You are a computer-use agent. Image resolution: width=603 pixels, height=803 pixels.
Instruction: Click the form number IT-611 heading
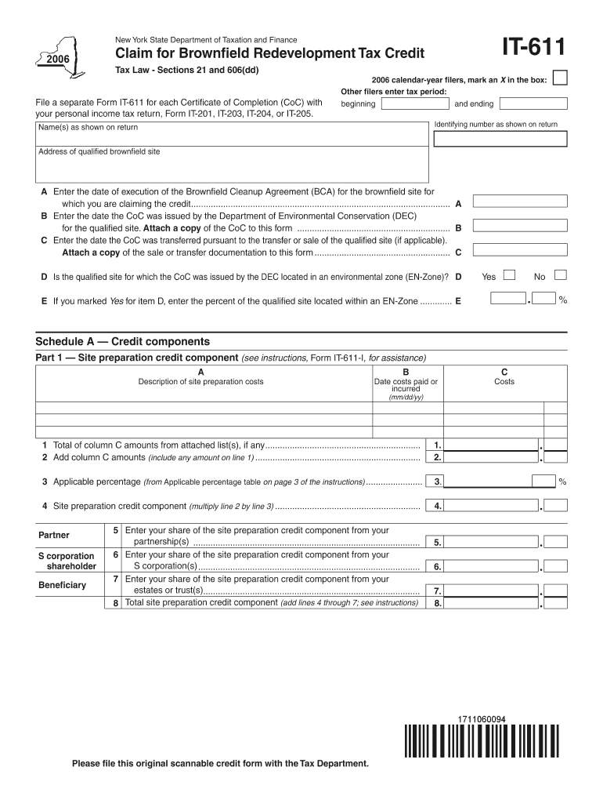(524, 49)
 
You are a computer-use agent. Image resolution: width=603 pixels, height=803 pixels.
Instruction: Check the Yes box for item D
(509, 275)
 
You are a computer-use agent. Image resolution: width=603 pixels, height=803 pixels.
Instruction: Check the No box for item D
(560, 275)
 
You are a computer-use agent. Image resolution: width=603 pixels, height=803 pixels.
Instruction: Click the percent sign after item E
(562, 300)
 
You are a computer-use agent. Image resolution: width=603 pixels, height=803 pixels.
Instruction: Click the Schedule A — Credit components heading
(123, 342)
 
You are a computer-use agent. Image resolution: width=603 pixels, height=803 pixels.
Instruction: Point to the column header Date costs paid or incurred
(406, 386)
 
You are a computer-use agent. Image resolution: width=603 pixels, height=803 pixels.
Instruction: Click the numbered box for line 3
(437, 481)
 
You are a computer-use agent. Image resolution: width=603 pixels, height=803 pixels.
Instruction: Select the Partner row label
(54, 536)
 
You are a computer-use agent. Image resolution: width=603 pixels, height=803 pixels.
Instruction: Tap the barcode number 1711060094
(482, 719)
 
